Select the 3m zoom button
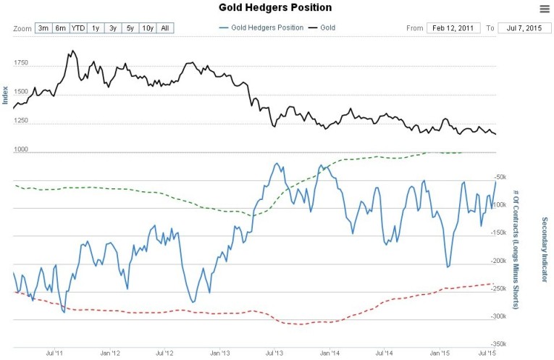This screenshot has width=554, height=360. [x=43, y=28]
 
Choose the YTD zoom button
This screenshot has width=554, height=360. [x=78, y=28]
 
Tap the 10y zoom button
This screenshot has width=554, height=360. [x=147, y=28]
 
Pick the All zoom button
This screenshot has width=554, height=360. [x=165, y=28]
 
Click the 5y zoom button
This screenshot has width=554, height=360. [x=130, y=28]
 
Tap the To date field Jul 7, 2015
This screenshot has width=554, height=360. [x=523, y=28]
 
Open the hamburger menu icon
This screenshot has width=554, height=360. [x=545, y=9]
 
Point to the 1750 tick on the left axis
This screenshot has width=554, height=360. [x=20, y=64]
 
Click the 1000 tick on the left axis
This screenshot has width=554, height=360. [x=20, y=151]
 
